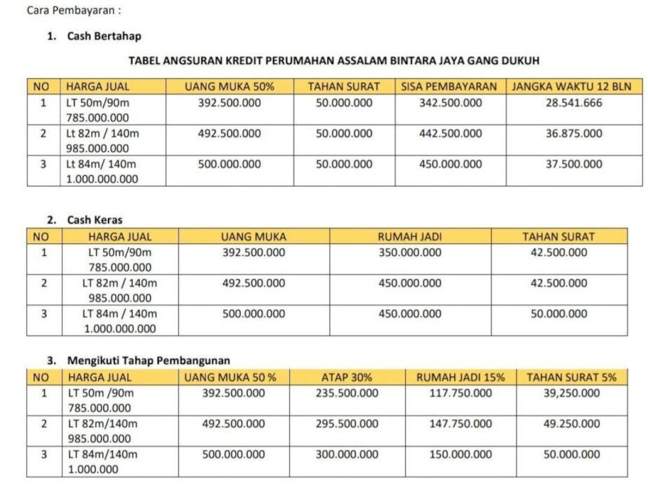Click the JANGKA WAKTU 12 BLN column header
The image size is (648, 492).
pos(573,87)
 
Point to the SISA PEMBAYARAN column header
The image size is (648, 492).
pos(449,87)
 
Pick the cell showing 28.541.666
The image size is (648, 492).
pos(573,103)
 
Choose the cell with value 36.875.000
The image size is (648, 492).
pos(573,134)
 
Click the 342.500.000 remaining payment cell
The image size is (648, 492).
pos(450,103)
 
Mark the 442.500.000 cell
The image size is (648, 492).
pos(450,134)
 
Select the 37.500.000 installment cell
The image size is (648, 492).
pos(573,164)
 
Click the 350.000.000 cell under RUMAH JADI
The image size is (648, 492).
pos(410,252)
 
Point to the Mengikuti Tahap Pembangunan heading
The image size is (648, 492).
pos(149,361)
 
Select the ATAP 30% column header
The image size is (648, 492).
pos(347,377)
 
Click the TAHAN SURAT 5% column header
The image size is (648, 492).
pos(571,377)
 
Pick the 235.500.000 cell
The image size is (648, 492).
pos(347,393)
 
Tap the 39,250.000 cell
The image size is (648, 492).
pos(571,393)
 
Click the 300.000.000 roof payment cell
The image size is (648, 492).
pos(347,455)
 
